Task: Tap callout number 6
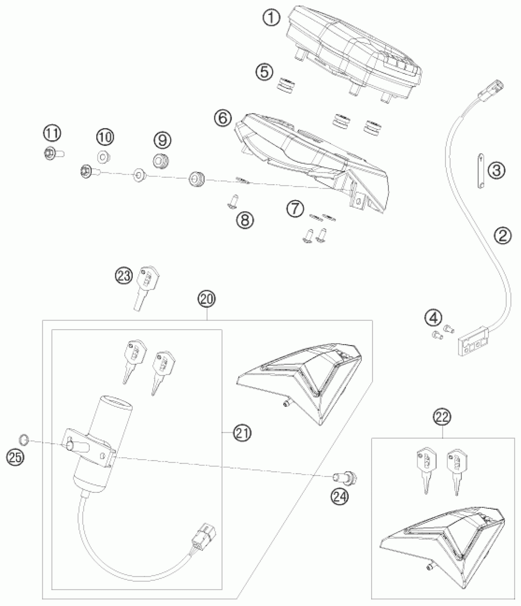[x=223, y=118]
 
